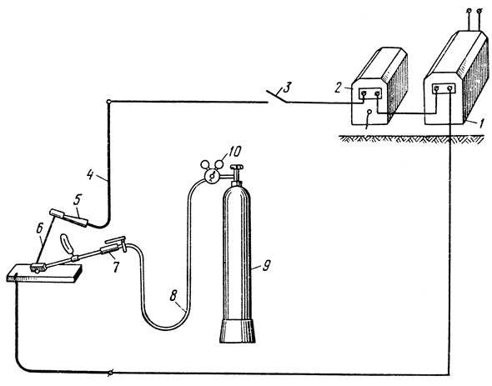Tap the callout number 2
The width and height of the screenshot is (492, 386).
(338, 88)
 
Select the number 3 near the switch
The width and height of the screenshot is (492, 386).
(288, 88)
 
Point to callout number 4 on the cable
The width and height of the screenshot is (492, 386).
(90, 174)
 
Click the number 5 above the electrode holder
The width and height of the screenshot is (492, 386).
(78, 199)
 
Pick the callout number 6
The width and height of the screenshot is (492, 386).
(39, 228)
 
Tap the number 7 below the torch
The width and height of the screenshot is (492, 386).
(116, 267)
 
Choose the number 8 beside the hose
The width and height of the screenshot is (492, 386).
(173, 295)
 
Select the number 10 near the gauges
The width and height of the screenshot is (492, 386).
(234, 152)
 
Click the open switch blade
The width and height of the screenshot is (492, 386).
(276, 97)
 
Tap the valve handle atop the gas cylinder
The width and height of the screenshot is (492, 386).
(237, 168)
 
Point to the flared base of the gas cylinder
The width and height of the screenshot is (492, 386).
(237, 331)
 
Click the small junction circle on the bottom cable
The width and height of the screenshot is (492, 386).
(110, 373)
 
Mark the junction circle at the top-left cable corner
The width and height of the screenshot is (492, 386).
(108, 102)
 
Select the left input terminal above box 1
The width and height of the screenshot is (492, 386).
(469, 11)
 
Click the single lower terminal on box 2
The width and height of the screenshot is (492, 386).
(369, 112)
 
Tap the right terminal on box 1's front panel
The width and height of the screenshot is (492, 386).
(449, 89)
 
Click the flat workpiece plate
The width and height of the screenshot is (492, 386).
(44, 273)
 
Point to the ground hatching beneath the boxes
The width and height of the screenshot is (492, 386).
(412, 138)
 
